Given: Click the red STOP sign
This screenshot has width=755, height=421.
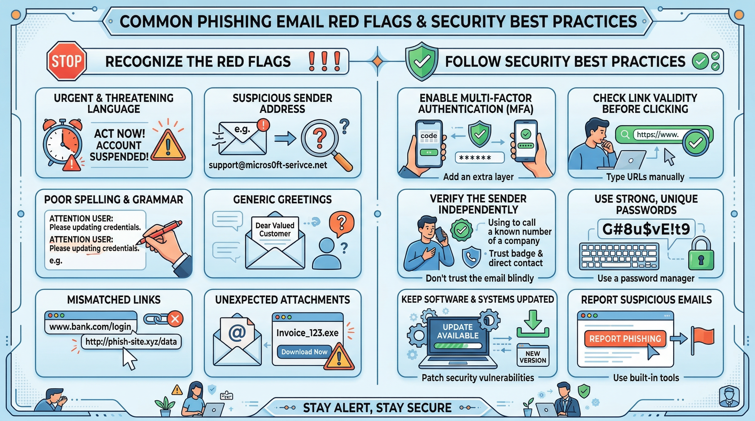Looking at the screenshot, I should (67, 61).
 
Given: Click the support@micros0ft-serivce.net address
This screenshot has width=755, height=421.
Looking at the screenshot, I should (267, 165).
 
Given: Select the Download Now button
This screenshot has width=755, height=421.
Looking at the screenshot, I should (304, 352).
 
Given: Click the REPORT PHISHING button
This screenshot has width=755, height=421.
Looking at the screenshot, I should (625, 339).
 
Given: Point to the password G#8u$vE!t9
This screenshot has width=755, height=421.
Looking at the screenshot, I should (646, 229).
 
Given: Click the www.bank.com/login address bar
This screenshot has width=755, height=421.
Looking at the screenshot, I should (90, 326).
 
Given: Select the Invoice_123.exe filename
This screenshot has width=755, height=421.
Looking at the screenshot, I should (307, 333).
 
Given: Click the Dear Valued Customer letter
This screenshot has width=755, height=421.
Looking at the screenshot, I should (275, 230).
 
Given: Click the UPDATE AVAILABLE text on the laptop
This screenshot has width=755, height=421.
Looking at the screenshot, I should (458, 331).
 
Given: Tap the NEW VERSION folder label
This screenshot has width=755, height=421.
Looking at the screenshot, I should (533, 357).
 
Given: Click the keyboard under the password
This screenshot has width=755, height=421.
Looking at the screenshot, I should (619, 256).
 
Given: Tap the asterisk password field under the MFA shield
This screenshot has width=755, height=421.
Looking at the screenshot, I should (480, 158).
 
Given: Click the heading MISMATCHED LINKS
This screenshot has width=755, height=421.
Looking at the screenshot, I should (114, 300).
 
